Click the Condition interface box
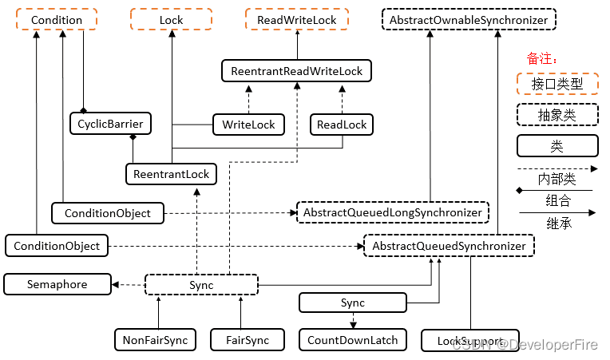tap(57, 19)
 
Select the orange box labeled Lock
tap(171, 19)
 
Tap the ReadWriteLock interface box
tap(297, 19)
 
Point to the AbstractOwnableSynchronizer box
tap(469, 19)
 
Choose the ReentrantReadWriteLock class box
tap(296, 71)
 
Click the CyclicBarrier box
tap(110, 124)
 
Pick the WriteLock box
tap(248, 125)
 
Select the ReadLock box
tap(342, 125)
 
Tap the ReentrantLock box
tap(171, 174)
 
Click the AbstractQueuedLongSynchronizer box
tap(393, 212)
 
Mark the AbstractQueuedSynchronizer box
tap(449, 246)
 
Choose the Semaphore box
tap(57, 284)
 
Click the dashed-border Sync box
tap(201, 285)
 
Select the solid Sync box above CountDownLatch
tap(353, 303)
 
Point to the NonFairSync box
tap(155, 340)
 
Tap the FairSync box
tap(248, 340)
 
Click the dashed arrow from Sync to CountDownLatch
tap(353, 321)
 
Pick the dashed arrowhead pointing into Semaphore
tap(115, 285)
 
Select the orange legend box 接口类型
tap(557, 84)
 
